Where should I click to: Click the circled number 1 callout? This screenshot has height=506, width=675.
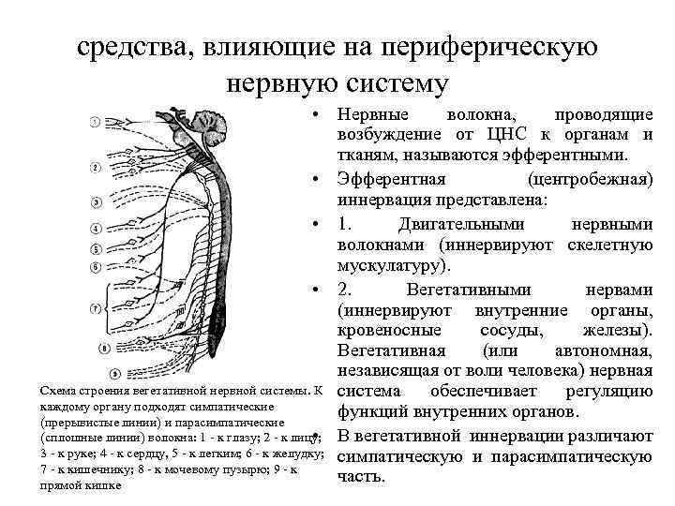coord(96,122)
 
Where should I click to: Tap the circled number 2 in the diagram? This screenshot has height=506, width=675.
coord(96,168)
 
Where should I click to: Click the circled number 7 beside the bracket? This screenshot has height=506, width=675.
coord(96,308)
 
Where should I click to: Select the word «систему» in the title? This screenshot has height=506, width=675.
coord(394,83)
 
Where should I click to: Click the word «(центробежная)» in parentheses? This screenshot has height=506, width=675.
coord(591,179)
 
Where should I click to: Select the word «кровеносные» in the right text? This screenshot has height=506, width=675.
coord(383,331)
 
